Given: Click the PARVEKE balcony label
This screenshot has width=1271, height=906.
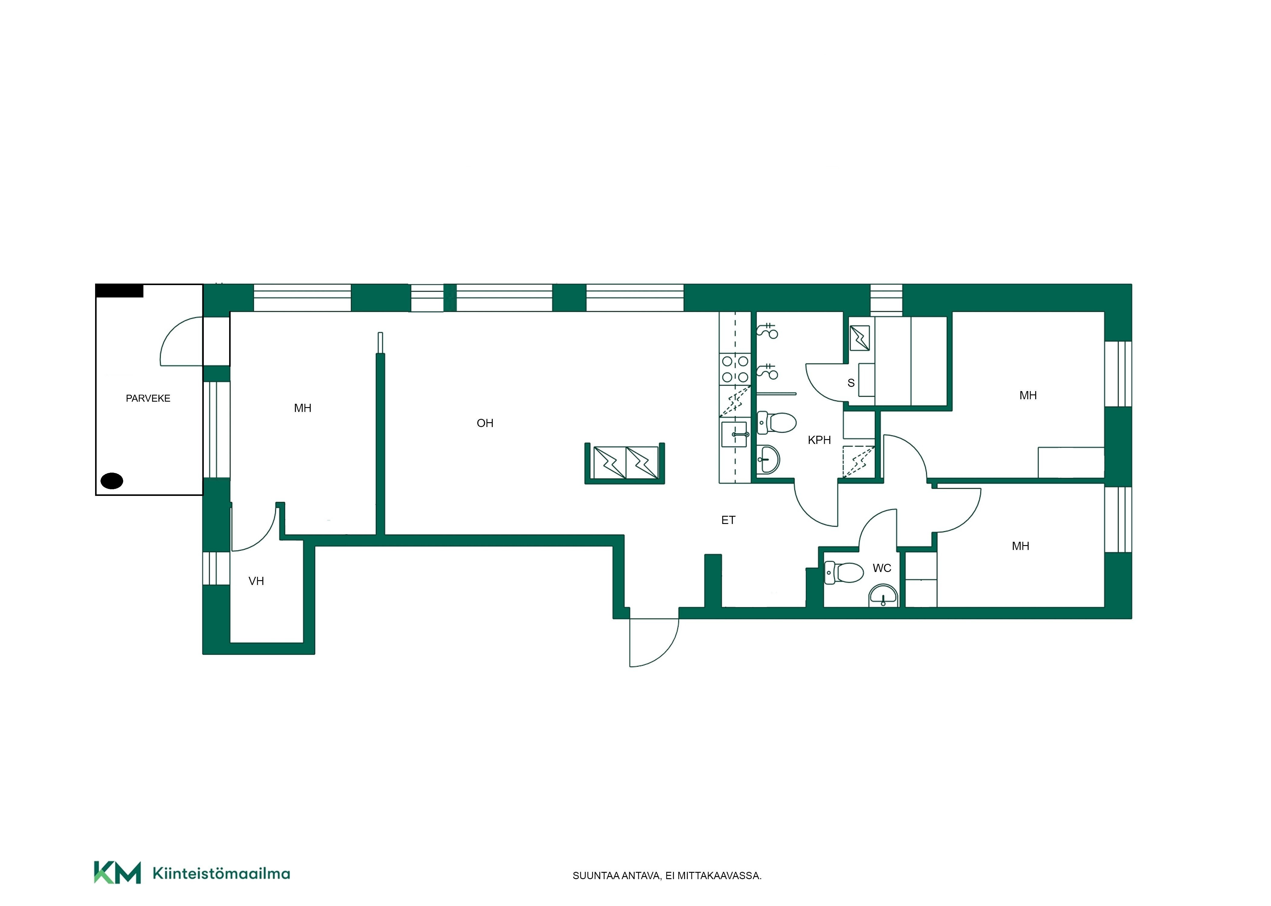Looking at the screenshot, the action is click(x=148, y=398).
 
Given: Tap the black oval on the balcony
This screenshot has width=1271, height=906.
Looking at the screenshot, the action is click(x=111, y=480).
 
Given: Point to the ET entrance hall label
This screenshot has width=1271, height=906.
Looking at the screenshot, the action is click(x=728, y=520).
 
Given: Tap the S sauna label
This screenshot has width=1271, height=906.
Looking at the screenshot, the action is click(x=850, y=383).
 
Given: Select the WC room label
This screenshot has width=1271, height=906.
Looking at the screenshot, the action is click(x=882, y=568).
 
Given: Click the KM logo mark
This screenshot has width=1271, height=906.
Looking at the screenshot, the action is click(x=117, y=872).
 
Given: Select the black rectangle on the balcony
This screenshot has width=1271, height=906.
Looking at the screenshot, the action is click(x=119, y=291).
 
